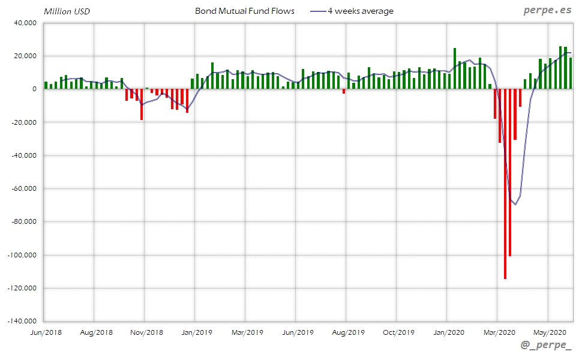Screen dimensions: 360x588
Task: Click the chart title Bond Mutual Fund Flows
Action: pos(245,11)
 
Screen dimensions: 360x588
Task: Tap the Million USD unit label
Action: pos(67,11)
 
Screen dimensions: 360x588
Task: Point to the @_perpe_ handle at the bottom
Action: pos(546,346)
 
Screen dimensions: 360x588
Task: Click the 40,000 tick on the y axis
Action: pos(24,23)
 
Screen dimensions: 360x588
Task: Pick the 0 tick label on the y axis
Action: pos(34,89)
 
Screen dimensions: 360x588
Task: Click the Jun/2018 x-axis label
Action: pos(45,332)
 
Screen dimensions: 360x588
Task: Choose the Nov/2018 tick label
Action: pos(146,332)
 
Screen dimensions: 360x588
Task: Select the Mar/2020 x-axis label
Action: pos(499,332)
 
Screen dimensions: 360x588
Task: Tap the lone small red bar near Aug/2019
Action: pos(344,91)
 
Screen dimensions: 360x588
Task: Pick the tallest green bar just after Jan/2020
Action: pos(455,68)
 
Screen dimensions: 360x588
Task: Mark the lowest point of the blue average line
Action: pos(515,205)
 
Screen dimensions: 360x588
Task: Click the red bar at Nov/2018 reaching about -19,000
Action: pos(142,104)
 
